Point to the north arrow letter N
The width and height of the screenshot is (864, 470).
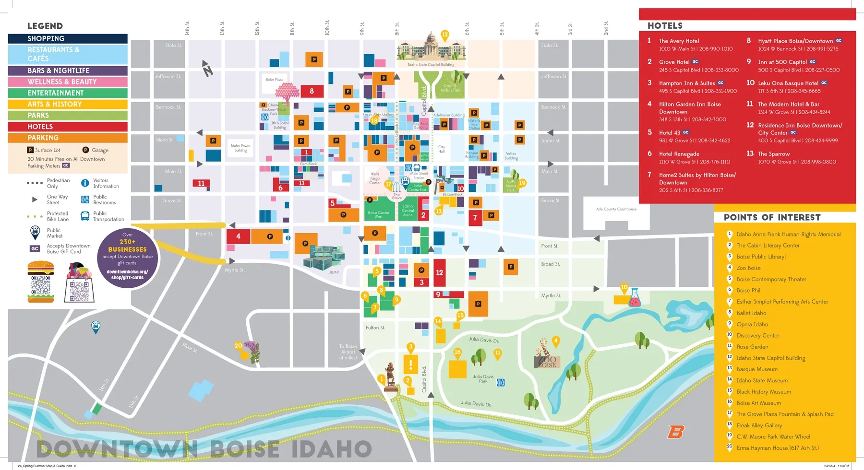pos(208,71)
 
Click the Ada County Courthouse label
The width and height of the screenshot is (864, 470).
pos(616,209)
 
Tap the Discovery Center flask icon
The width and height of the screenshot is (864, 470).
pos(634,298)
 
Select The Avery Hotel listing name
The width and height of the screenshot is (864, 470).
pos(679,41)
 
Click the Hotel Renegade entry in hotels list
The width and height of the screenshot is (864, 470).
pos(679,154)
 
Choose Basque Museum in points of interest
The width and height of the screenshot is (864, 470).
pos(757,369)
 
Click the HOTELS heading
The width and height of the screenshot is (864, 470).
pos(665,26)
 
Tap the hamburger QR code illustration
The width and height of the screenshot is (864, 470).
pos(41,282)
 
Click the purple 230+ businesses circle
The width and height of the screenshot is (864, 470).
pos(127,258)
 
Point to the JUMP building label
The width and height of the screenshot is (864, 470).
pos(334,272)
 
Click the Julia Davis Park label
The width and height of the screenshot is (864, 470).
pos(483,379)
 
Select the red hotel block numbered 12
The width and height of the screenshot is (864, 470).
pos(439,272)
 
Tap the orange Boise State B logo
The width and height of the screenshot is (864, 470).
pos(675,432)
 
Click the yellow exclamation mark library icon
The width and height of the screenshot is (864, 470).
pos(410,364)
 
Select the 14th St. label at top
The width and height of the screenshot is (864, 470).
pos(187,28)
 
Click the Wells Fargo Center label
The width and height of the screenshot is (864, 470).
pos(375,178)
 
